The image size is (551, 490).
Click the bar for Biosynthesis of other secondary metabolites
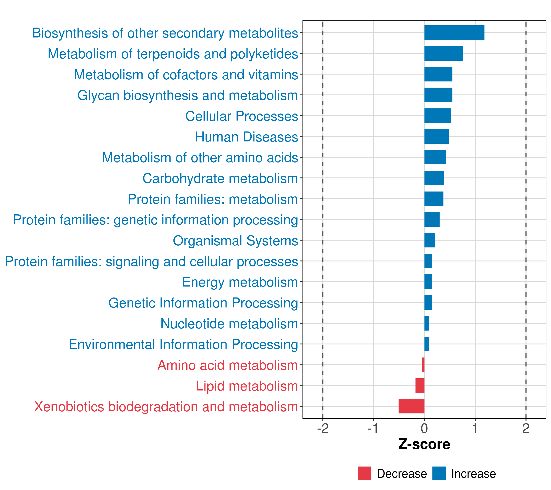click(454, 33)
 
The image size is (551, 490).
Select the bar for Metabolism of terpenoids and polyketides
click(443, 53)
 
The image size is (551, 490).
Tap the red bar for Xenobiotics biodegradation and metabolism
click(411, 406)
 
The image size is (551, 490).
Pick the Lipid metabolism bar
click(420, 385)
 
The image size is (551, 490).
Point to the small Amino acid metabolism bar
click(423, 365)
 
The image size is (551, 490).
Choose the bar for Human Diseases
click(437, 136)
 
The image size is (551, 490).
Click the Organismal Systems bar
click(429, 240)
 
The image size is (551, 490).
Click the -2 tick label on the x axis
click(323, 429)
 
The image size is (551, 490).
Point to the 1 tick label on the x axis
click(475, 429)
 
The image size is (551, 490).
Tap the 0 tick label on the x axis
click(424, 429)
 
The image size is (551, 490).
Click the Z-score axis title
click(424, 444)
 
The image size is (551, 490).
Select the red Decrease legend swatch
click(364, 473)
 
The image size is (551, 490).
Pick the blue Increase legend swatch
click(439, 473)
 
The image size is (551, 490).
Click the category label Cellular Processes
click(242, 116)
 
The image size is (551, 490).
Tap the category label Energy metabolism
click(240, 282)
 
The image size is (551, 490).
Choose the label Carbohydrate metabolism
click(220, 178)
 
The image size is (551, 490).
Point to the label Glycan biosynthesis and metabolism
click(188, 96)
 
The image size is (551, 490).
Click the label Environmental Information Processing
click(183, 344)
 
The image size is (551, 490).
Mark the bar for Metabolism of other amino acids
click(435, 157)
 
